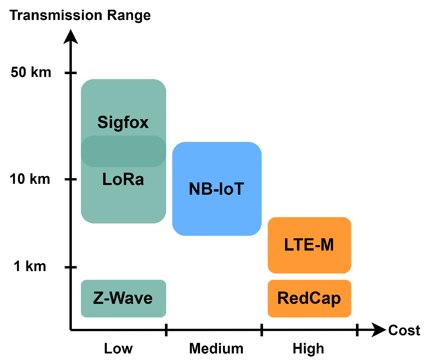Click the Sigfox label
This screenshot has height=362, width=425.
[123, 122]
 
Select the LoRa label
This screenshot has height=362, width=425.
[123, 179]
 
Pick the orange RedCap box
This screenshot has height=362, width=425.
[309, 298]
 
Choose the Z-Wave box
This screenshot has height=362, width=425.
[123, 298]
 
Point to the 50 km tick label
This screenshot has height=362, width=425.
[31, 72]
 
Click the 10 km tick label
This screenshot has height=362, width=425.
[30, 179]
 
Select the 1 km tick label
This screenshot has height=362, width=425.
[30, 267]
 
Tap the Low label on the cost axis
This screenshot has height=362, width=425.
[118, 348]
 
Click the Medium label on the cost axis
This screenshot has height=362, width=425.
[216, 348]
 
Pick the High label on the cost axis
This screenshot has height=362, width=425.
[308, 349]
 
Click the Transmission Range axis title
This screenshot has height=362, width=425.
[80, 15]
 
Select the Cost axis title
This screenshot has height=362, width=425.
[404, 330]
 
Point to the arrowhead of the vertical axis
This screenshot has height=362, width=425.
[71, 37]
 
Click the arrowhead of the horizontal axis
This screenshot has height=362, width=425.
[379, 330]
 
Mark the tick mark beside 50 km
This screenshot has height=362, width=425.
[71, 73]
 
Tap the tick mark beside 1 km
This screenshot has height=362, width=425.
[71, 267]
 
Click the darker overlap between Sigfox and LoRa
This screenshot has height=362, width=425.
[123, 151]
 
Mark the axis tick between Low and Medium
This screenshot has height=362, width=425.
[166, 330]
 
